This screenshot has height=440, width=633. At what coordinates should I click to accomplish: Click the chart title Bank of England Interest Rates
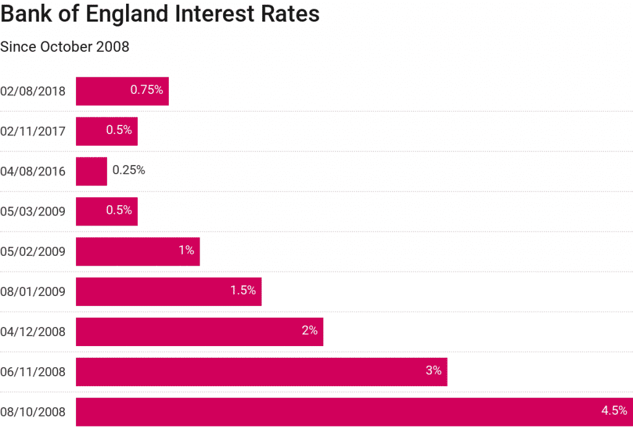pyautogui.click(x=160, y=15)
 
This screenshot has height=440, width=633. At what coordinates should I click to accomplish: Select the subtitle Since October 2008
pyautogui.click(x=65, y=47)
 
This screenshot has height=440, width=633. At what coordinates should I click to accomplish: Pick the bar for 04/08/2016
pyautogui.click(x=91, y=171)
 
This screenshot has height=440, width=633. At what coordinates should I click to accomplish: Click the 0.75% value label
pyautogui.click(x=147, y=90)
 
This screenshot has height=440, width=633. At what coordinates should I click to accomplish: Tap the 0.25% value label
pyautogui.click(x=129, y=170)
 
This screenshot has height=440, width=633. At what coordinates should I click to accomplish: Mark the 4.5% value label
pyautogui.click(x=614, y=410)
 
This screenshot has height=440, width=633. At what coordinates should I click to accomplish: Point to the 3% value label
pyautogui.click(x=433, y=371)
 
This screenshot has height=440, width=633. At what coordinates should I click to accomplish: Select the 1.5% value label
pyautogui.click(x=243, y=290)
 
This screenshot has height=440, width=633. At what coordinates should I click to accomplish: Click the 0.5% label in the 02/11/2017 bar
pyautogui.click(x=119, y=130)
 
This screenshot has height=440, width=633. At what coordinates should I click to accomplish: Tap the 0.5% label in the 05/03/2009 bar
pyautogui.click(x=119, y=210)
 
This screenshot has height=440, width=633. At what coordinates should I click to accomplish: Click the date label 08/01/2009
pyautogui.click(x=33, y=292)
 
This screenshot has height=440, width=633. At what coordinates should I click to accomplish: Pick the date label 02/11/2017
pyautogui.click(x=33, y=132)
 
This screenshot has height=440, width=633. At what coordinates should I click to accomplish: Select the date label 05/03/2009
pyautogui.click(x=33, y=211)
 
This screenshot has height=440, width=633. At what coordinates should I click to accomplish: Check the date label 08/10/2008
pyautogui.click(x=33, y=412)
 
